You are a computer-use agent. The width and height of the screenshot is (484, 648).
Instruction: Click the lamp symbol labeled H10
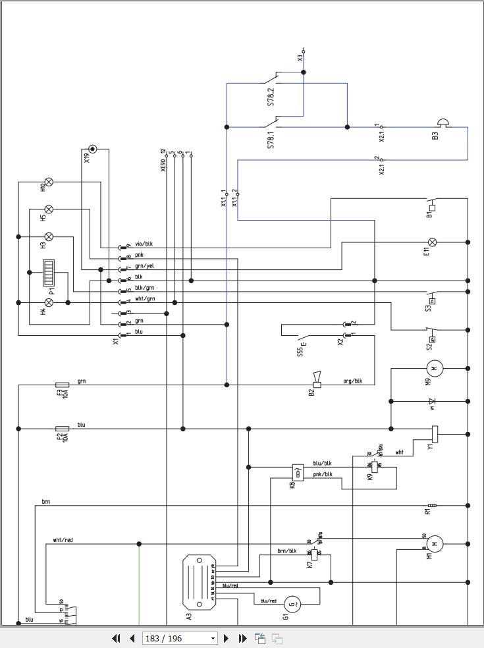pos(48,182)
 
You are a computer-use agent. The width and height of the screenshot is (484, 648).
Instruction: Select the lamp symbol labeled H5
pos(48,210)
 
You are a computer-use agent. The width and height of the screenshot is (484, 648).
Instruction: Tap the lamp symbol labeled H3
pos(48,236)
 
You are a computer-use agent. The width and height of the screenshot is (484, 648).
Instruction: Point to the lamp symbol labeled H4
pos(48,302)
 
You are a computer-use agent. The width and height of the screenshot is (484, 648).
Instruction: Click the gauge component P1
pos(49,273)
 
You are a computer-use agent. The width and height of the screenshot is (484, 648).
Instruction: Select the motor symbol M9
pos(433,368)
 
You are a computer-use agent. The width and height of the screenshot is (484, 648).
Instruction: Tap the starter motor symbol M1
pos(434,544)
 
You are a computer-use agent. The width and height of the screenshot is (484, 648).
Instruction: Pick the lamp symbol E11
pos(433,242)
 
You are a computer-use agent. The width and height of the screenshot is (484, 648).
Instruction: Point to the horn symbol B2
pos(317,380)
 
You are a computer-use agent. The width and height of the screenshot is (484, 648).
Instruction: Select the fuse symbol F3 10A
pos(63,385)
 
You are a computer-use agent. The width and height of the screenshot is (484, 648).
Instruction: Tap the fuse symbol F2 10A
pos(63,429)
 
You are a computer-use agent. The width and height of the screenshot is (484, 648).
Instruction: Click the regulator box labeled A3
pos(200,582)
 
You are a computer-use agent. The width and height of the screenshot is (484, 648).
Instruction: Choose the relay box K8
pos(298,472)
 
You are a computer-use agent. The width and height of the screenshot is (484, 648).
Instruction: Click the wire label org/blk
pos(353,381)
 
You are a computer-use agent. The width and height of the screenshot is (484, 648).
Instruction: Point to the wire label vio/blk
pos(144,244)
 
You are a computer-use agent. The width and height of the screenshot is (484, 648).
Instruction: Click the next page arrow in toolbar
pos(227,638)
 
